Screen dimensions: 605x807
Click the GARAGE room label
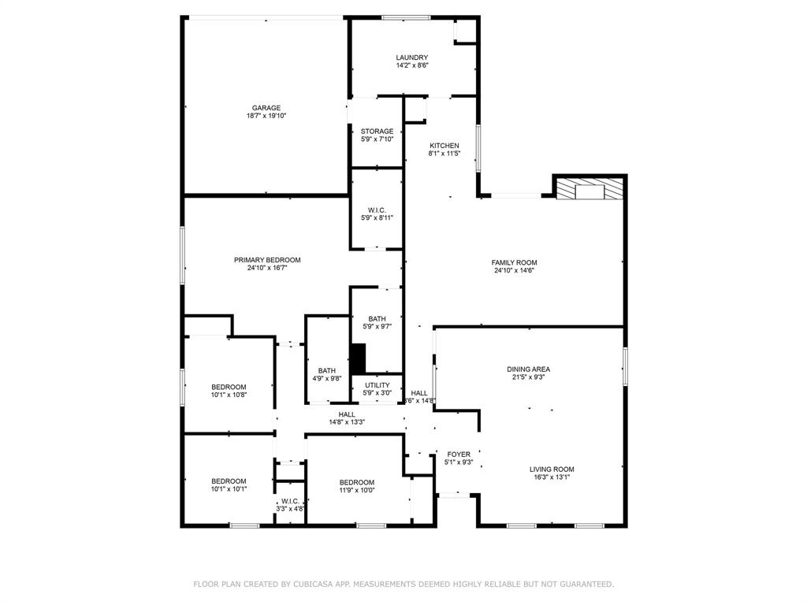(266, 108)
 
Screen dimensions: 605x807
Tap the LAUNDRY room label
(411, 58)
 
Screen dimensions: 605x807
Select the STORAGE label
(377, 132)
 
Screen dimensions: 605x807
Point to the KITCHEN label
(444, 146)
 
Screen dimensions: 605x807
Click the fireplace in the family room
(589, 189)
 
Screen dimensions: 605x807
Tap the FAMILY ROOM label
(514, 263)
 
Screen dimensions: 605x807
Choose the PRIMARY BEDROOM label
(267, 260)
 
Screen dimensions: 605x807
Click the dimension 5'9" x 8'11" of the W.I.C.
(377, 218)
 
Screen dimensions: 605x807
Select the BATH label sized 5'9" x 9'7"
(377, 319)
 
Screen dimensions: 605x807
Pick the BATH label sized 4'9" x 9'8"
(327, 370)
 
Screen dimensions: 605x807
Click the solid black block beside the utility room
(358, 359)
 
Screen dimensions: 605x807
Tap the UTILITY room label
(377, 385)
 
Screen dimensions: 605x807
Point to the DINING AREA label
(528, 369)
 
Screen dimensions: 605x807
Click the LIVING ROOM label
(552, 469)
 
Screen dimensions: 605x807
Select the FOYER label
(459, 455)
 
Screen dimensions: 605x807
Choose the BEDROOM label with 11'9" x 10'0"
(357, 482)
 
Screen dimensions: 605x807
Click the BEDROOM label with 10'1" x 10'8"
(229, 387)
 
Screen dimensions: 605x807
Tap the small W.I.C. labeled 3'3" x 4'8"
(289, 501)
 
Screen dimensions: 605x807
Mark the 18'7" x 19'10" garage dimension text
(266, 116)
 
